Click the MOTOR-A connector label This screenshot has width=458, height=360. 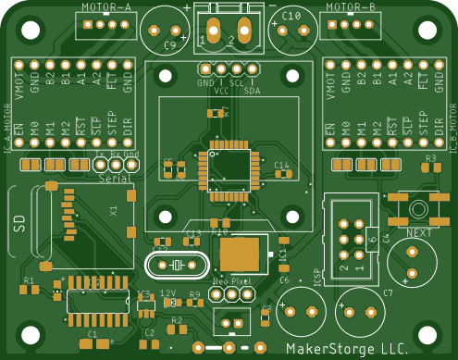pos(106,6)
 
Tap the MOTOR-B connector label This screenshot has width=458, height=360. pos(352,6)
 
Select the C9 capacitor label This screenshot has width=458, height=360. pos(170,44)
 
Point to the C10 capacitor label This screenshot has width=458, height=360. pos(291,17)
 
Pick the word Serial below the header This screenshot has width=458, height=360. pos(114,177)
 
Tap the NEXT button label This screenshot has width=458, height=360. pos(419,233)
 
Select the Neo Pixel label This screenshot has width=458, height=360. pos(232,280)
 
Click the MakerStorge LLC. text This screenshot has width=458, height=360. pos(347,349)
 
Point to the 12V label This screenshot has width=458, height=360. pos(167,292)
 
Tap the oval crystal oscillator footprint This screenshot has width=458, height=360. pos(176,267)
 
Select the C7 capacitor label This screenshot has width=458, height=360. pos(389,292)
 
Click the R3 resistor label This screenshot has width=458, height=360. pos(430,159)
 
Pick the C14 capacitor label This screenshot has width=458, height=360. pos(282,165)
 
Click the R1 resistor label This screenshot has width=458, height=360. pos(28,279)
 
